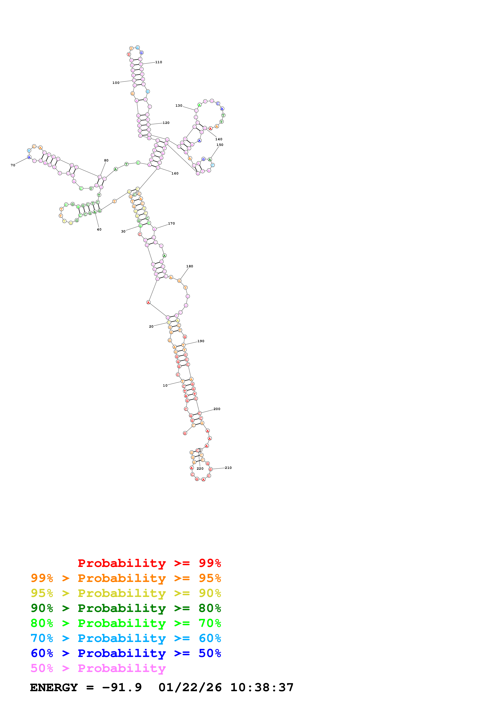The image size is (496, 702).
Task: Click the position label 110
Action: coord(159,62)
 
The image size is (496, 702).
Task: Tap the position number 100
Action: coord(116,83)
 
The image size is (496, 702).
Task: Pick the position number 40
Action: coord(99,230)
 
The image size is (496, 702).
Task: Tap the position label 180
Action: coord(189,266)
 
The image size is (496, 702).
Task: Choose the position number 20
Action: coord(151,327)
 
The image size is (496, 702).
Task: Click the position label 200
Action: coord(217,409)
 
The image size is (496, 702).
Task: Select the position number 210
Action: coord(228,468)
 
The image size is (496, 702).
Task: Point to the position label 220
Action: coord(200,469)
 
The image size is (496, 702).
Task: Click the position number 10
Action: coord(165,386)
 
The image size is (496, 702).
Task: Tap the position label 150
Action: coord(220,145)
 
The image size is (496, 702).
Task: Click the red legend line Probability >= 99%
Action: coord(149,563)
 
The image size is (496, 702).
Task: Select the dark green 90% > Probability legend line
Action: coord(126,608)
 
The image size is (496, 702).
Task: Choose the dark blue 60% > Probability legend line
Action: coord(126,653)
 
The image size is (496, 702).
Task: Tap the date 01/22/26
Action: coord(190,688)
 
